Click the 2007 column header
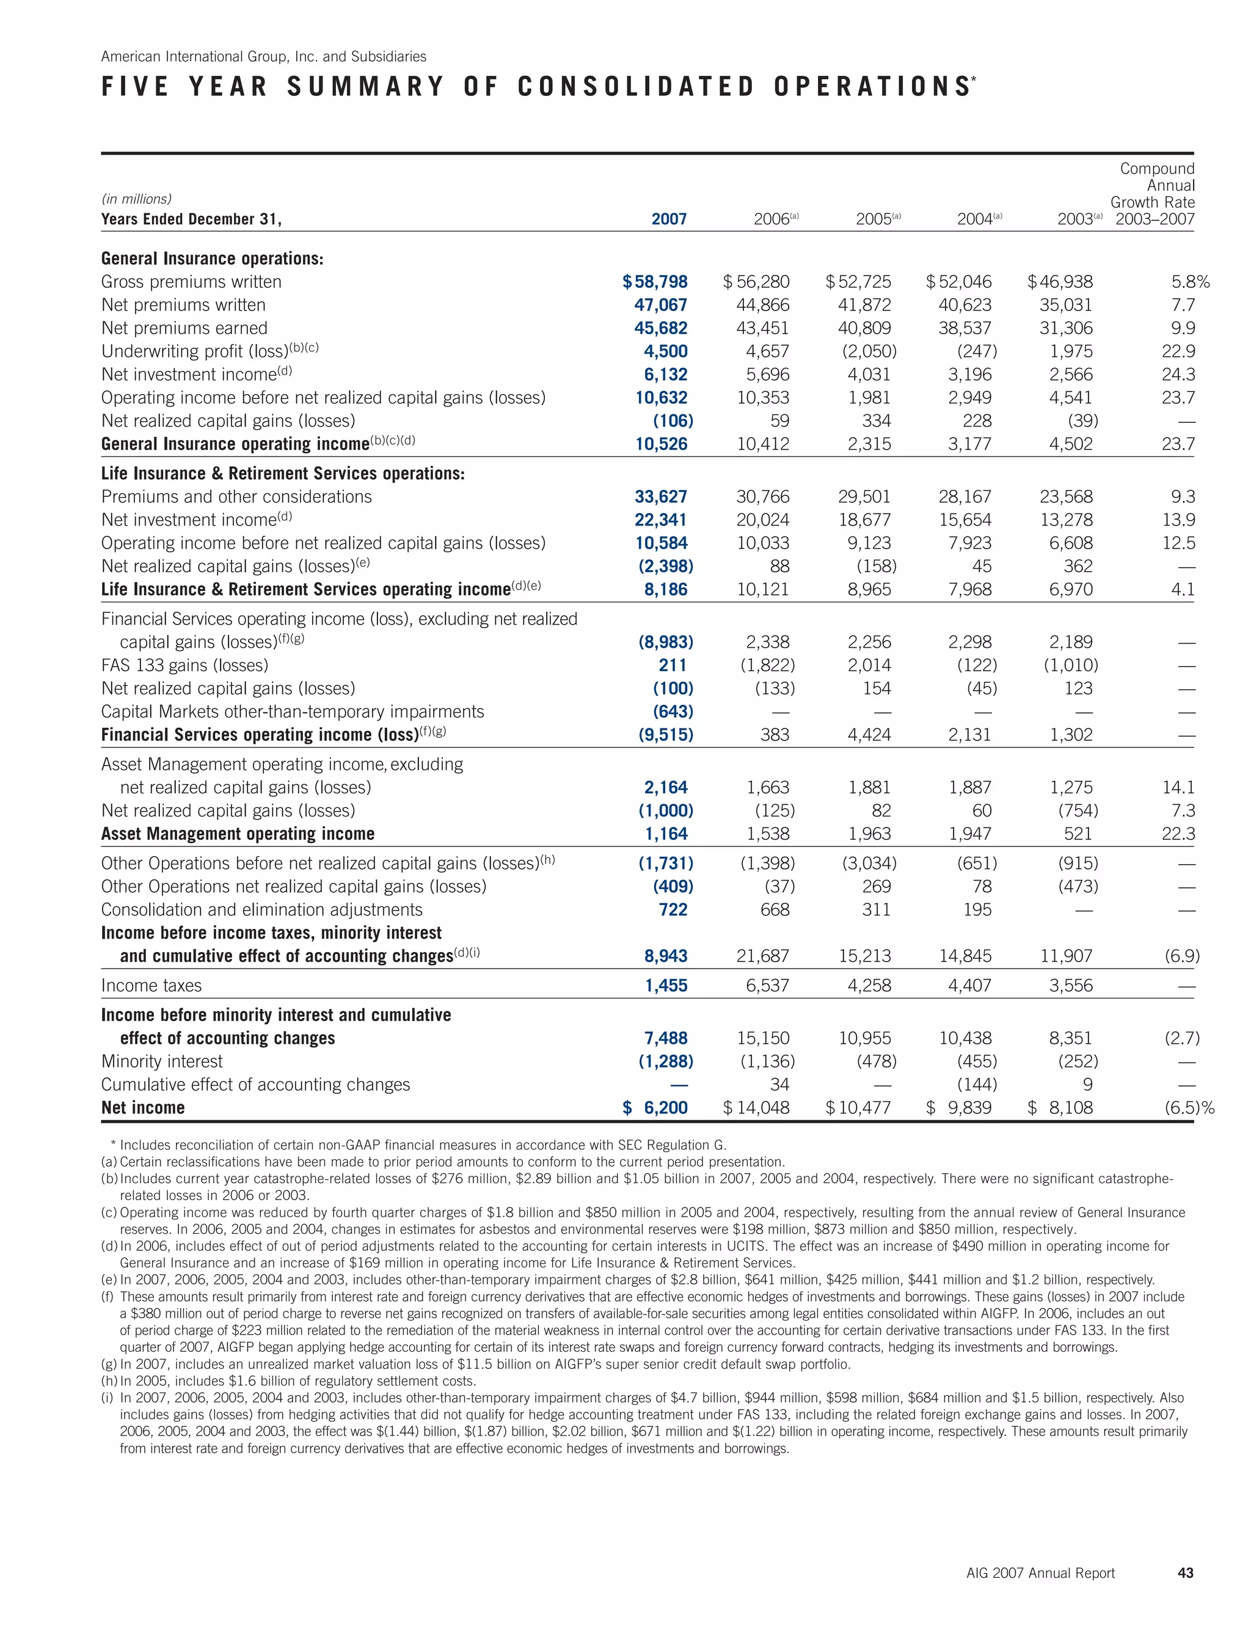(x=669, y=219)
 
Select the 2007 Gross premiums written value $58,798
(x=655, y=282)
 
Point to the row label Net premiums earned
(x=184, y=328)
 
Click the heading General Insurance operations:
(x=212, y=258)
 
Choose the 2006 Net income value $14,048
(x=757, y=1107)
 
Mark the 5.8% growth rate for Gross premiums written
(x=1190, y=282)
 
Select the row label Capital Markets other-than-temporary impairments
(x=292, y=711)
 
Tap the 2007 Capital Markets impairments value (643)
(x=673, y=711)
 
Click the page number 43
(x=1186, y=1573)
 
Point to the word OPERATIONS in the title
(x=871, y=87)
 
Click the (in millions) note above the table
(x=136, y=199)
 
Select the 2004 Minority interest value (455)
(x=977, y=1061)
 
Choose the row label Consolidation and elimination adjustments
(x=261, y=909)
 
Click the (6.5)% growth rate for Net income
(x=1189, y=1107)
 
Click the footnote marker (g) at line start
(x=109, y=1365)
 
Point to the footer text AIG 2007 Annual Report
(x=1040, y=1573)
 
